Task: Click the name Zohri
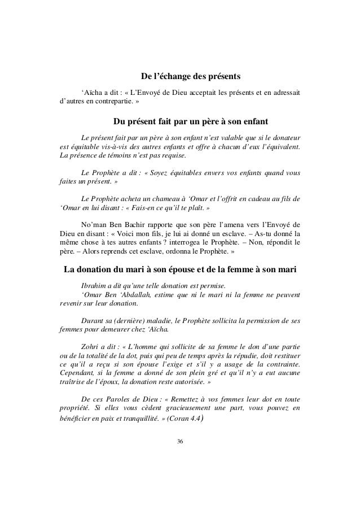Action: pos(92,345)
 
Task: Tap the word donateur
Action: pos(280,137)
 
